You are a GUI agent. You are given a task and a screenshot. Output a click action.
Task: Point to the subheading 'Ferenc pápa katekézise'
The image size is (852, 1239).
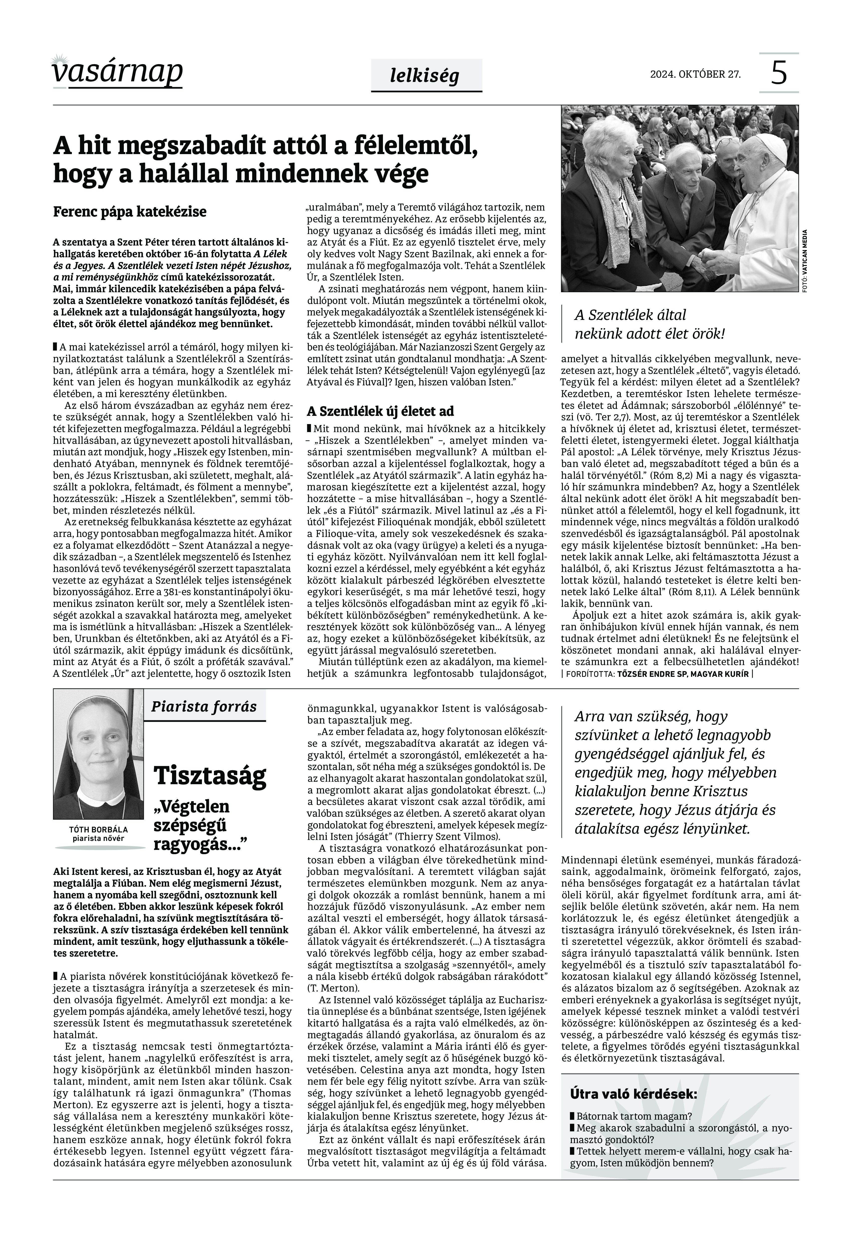[x=130, y=212]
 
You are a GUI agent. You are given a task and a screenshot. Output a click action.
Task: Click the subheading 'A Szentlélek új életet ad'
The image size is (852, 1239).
[x=380, y=411]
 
